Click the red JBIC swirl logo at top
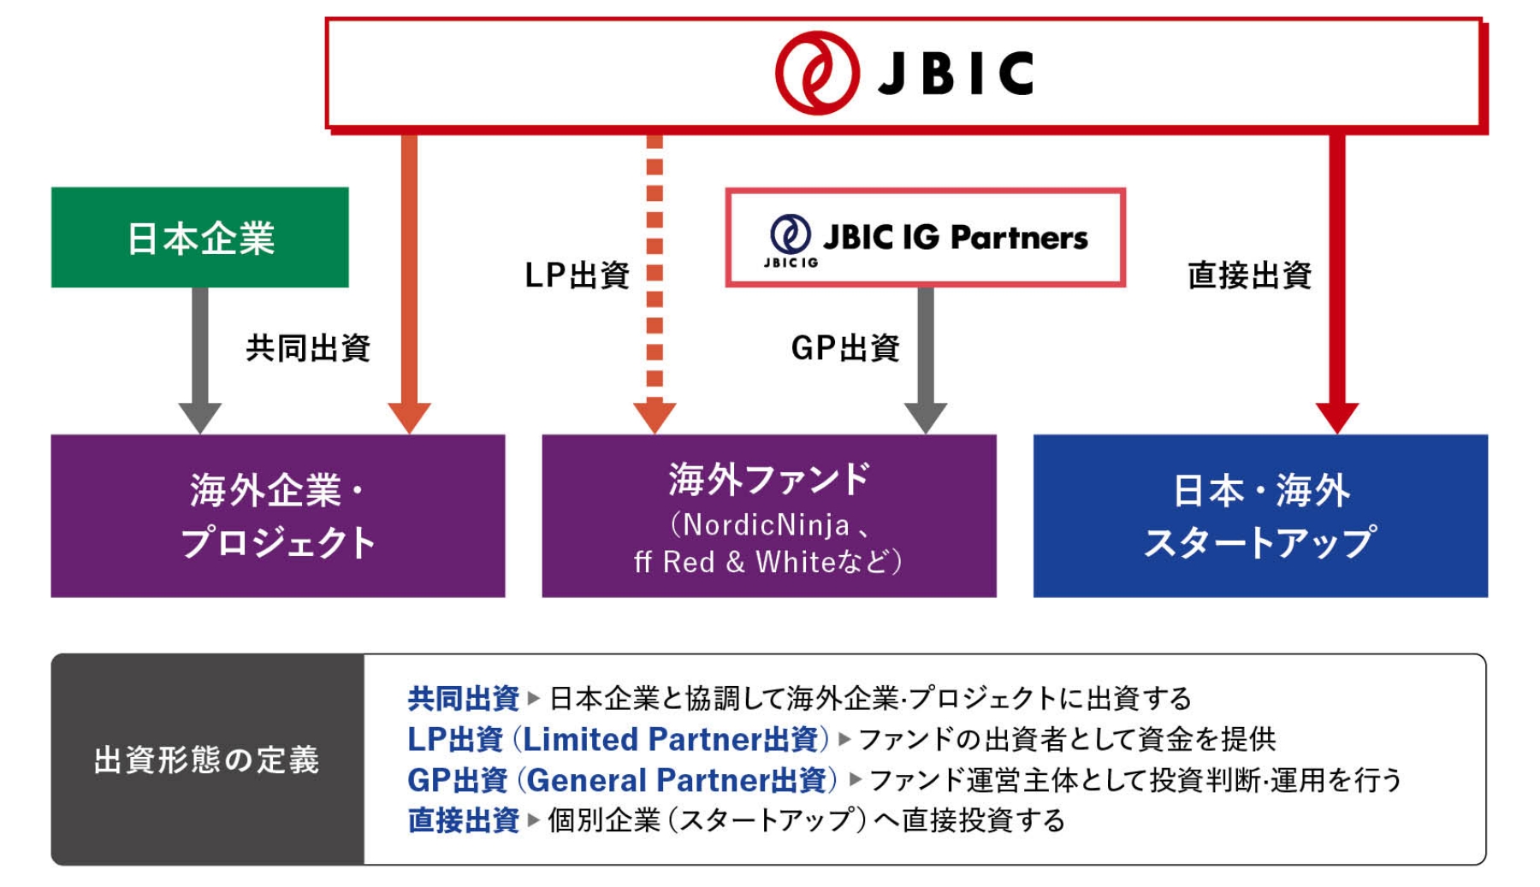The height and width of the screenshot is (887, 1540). (x=816, y=73)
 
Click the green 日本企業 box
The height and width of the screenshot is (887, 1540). (x=199, y=237)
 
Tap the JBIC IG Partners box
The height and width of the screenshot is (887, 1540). (x=925, y=238)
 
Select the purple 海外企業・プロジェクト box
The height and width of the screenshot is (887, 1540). (x=277, y=515)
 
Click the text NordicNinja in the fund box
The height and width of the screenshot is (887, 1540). (x=766, y=524)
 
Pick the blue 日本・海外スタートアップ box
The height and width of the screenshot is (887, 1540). (x=1259, y=515)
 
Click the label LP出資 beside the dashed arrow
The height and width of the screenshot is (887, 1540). (x=577, y=275)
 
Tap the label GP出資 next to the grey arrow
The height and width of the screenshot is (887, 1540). (x=845, y=347)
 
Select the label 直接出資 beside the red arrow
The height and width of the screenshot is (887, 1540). (x=1248, y=275)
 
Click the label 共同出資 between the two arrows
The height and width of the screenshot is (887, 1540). (x=308, y=347)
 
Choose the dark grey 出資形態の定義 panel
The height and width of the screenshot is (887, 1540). (x=207, y=759)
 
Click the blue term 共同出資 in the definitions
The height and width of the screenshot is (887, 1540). (x=463, y=698)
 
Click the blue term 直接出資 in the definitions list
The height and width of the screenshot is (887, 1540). (x=463, y=819)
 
